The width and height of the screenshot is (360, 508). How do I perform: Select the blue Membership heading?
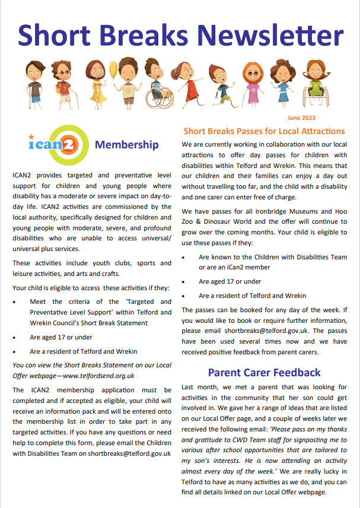point(127,145)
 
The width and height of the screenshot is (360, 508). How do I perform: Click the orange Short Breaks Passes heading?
point(264,131)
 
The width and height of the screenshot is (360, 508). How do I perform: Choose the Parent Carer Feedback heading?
point(264,373)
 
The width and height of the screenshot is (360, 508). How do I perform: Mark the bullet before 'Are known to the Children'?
point(184,258)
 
